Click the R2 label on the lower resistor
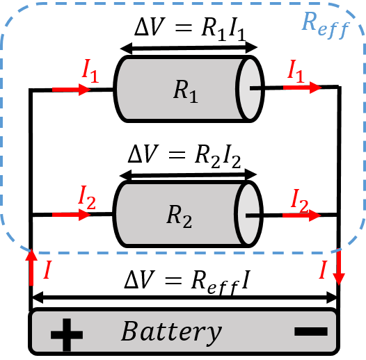(178, 216)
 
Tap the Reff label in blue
(323, 25)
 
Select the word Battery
(171, 332)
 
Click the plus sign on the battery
(67, 334)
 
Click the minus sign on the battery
(310, 332)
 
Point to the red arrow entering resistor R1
(71, 90)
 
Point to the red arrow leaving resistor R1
(302, 88)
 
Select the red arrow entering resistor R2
(71, 215)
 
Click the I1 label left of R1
(90, 70)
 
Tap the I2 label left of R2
(88, 197)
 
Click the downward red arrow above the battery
(338, 268)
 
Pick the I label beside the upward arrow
(47, 271)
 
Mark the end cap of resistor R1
(250, 88)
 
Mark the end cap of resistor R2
(249, 215)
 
